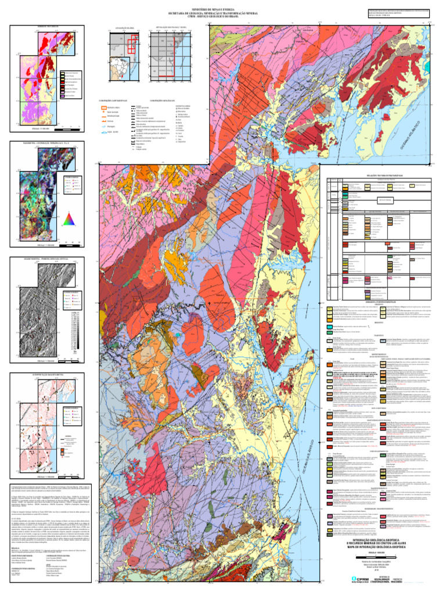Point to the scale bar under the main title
tap(378, 557)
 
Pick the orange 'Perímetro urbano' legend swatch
tap(101, 107)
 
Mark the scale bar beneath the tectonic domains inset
tap(52, 128)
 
